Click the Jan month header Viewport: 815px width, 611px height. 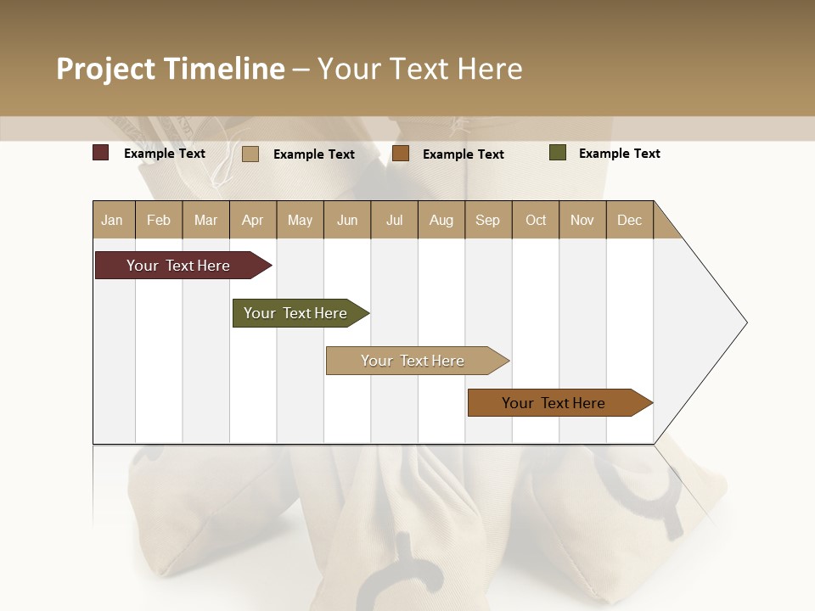(x=112, y=221)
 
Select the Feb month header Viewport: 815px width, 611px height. (x=159, y=221)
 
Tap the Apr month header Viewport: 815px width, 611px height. (x=252, y=221)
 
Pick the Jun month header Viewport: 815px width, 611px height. (x=347, y=221)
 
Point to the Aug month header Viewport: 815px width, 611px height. (x=441, y=221)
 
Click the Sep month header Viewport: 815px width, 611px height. (x=487, y=221)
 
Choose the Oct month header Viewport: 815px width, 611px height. (x=536, y=221)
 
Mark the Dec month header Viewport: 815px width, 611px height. (x=629, y=221)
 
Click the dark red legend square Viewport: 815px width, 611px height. (x=101, y=153)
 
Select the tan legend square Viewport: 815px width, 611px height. (x=250, y=154)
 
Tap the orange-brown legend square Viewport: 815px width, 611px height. (x=401, y=154)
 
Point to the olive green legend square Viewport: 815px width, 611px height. (x=558, y=153)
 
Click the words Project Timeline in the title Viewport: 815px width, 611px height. (x=171, y=69)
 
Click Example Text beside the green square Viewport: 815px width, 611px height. (x=619, y=154)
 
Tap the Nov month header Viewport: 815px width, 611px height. (x=582, y=221)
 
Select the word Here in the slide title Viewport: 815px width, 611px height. (x=490, y=69)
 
